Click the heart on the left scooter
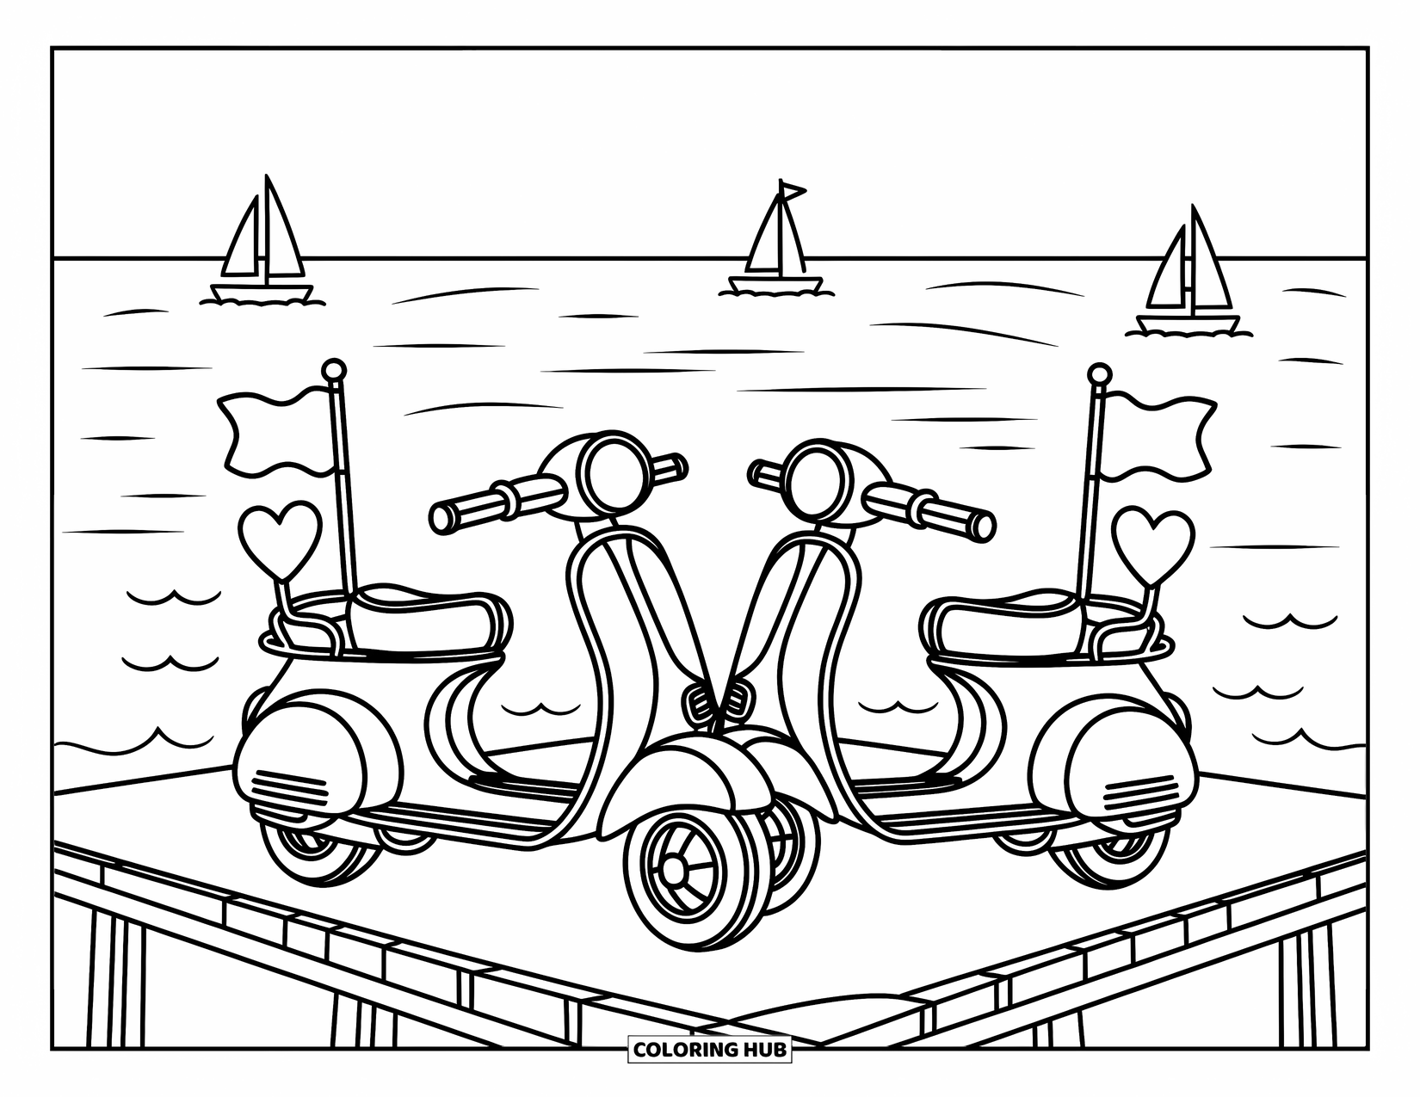[x=280, y=535]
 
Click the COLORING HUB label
[x=710, y=1050]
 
